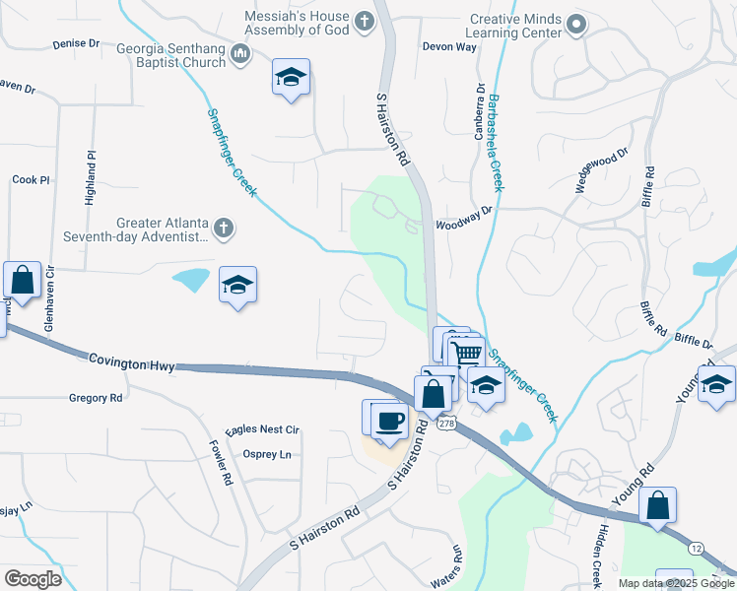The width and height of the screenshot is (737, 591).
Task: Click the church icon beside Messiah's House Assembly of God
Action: tap(365, 21)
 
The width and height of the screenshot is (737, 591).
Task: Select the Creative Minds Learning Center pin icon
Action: tap(578, 24)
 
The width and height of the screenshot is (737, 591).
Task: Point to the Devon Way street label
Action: tap(448, 46)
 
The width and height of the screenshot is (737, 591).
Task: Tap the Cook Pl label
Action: tap(31, 180)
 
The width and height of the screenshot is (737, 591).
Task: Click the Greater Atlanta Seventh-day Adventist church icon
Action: tap(224, 230)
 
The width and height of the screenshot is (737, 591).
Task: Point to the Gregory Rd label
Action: tap(96, 398)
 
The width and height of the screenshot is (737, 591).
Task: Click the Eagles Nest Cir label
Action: tap(262, 430)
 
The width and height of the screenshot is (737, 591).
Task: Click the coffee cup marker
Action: tap(391, 422)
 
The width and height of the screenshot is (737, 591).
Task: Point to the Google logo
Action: tap(33, 578)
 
